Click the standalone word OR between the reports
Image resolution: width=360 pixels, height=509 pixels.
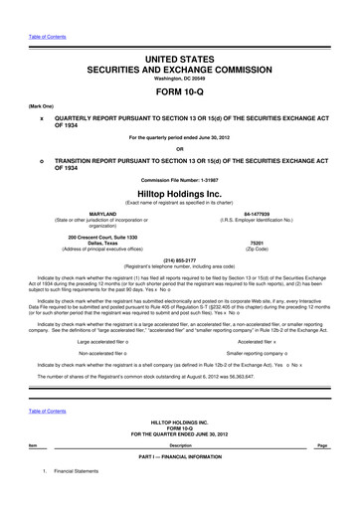[179, 150]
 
